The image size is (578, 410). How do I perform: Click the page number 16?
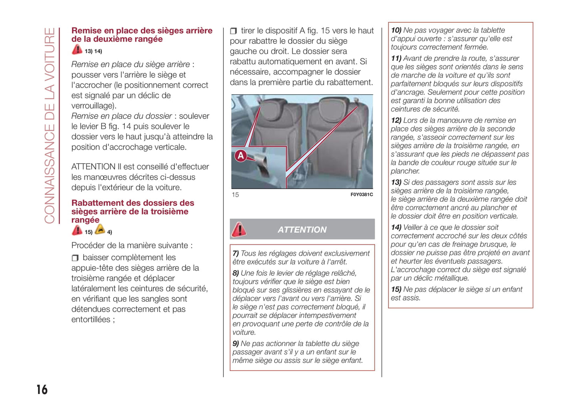pyautogui.click(x=42, y=390)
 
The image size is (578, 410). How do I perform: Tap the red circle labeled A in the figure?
pyautogui.click(x=240, y=156)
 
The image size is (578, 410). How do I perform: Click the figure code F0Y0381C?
pyautogui.click(x=361, y=195)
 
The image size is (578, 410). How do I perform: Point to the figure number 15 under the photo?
pyautogui.click(x=235, y=195)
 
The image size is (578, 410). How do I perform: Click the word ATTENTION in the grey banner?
pyautogui.click(x=302, y=230)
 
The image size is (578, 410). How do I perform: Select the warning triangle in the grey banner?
pyautogui.click(x=239, y=229)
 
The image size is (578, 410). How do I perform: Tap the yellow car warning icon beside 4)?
pyautogui.click(x=100, y=229)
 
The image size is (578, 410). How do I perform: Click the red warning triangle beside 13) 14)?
pyautogui.click(x=77, y=50)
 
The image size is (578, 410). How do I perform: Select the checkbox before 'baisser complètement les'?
pyautogui.click(x=75, y=258)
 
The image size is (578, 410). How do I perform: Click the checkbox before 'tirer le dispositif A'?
pyautogui.click(x=234, y=31)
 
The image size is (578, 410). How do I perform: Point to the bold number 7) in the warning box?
pyautogui.click(x=236, y=253)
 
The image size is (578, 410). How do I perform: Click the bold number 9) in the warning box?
pyautogui.click(x=236, y=344)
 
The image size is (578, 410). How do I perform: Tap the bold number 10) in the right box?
pyautogui.click(x=396, y=30)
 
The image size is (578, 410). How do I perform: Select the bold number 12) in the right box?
pyautogui.click(x=396, y=120)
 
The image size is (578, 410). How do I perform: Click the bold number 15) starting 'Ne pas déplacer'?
pyautogui.click(x=396, y=289)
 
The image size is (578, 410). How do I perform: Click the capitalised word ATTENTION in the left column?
pyautogui.click(x=93, y=167)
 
